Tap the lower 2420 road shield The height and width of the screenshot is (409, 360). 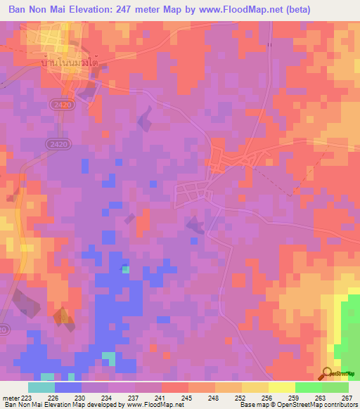[58, 143]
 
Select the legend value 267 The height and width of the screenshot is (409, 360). [346, 397]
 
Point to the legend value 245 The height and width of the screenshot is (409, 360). [187, 397]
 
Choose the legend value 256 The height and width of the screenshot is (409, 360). [266, 397]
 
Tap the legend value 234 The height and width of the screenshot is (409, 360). [108, 397]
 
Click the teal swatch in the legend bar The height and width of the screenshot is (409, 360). [41, 387]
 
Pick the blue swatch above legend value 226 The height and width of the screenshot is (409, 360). [68, 387]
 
